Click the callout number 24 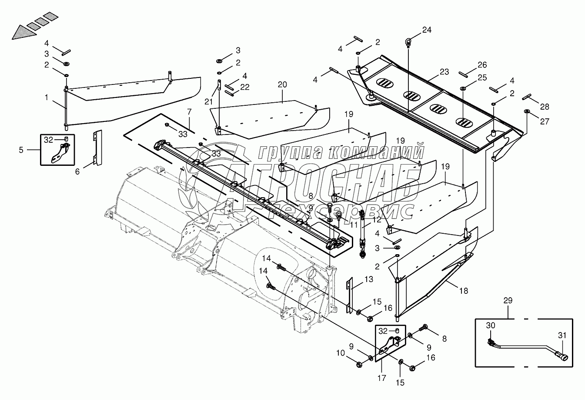tap(427, 30)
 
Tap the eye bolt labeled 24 tap(408, 43)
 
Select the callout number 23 tap(444, 71)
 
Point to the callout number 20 tap(282, 84)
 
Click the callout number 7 tap(189, 112)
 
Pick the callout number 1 tap(47, 97)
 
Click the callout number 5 tap(21, 150)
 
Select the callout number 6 tap(77, 171)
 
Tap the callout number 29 tap(508, 300)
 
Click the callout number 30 tap(491, 325)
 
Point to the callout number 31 tap(562, 335)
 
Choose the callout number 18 tap(464, 291)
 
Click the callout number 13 tap(369, 279)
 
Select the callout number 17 tap(381, 378)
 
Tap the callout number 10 tap(341, 353)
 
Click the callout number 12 tap(377, 220)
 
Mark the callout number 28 tap(545, 107)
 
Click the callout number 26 tap(482, 64)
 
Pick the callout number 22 tap(245, 87)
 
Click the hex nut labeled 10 tap(359, 364)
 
